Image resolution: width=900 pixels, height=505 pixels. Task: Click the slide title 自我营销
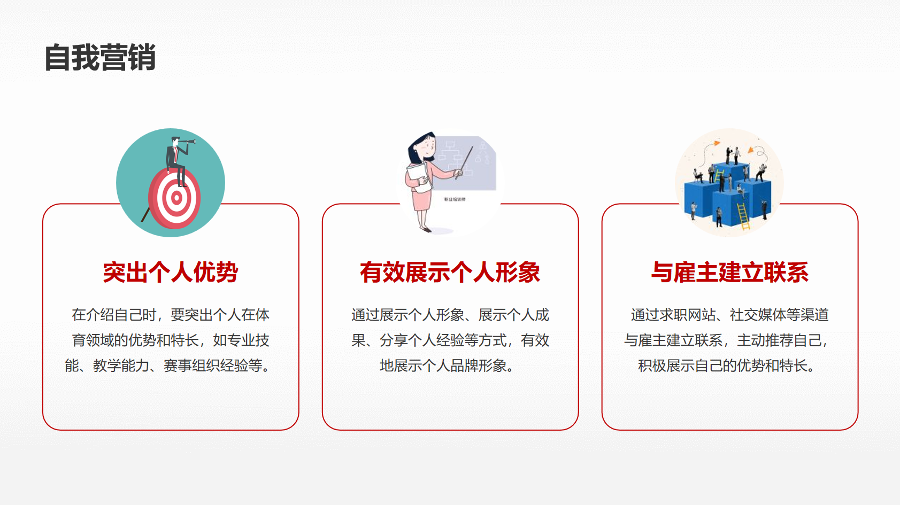tap(100, 58)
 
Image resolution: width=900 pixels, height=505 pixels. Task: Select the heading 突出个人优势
tap(171, 273)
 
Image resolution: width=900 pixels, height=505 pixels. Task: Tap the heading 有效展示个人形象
tap(450, 273)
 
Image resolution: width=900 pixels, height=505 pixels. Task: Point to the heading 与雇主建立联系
tap(729, 273)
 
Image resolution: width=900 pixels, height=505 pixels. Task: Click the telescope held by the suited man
tap(187, 141)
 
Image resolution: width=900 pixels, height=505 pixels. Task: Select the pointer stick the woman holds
tap(465, 162)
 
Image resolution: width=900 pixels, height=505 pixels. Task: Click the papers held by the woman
tap(419, 177)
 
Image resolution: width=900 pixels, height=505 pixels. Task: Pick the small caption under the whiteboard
tap(455, 199)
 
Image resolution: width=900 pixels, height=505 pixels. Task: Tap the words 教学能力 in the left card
tap(121, 366)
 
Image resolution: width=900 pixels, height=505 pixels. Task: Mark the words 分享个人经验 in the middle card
tap(422, 340)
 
